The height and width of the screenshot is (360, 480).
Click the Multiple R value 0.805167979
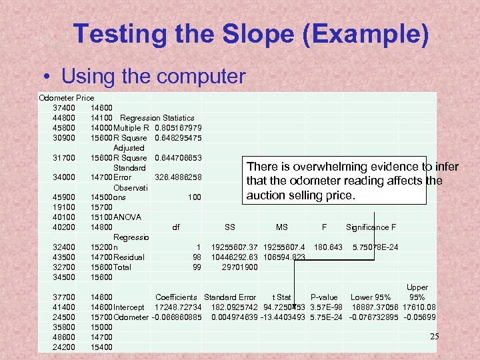(x=178, y=128)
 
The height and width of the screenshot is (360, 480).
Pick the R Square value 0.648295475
(x=178, y=138)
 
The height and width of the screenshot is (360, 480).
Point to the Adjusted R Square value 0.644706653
(x=178, y=158)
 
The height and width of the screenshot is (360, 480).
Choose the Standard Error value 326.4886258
(x=178, y=178)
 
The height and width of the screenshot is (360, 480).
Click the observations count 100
(x=194, y=198)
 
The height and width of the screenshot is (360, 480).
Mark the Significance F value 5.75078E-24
(x=375, y=247)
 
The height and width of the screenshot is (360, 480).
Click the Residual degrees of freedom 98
(x=197, y=257)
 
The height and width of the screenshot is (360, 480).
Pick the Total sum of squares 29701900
(x=239, y=267)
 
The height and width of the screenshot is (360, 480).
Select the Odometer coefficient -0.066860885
(x=177, y=317)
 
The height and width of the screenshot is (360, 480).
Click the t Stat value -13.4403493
(x=283, y=317)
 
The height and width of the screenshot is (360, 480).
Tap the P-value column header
(x=324, y=297)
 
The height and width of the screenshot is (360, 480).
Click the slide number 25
(x=435, y=337)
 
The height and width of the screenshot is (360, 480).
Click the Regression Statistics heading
(x=157, y=118)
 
